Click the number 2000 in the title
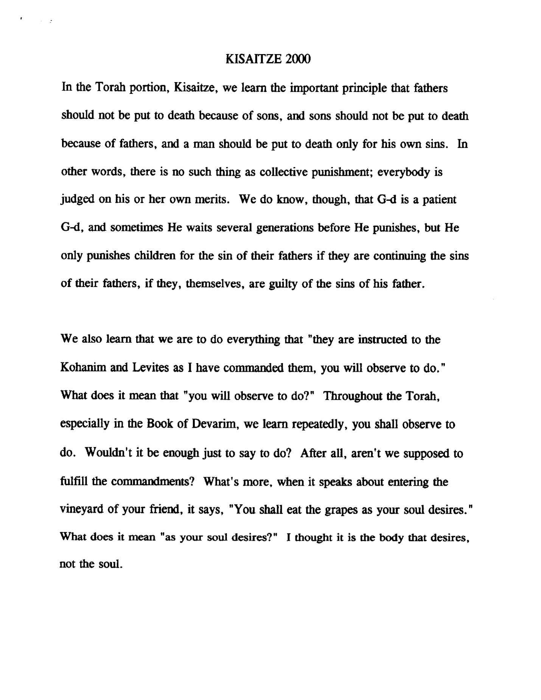click(298, 60)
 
